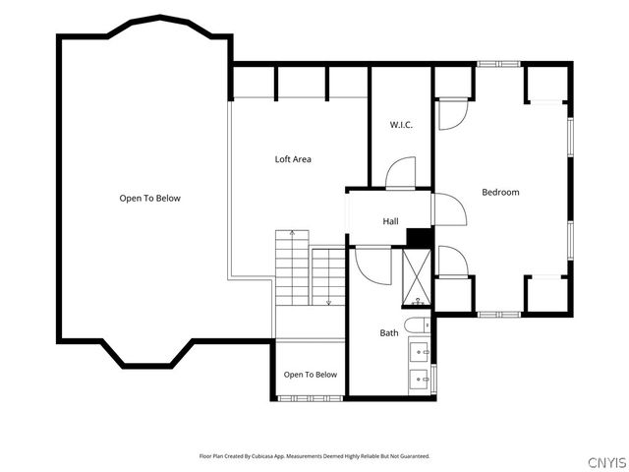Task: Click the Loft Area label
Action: pyautogui.click(x=293, y=159)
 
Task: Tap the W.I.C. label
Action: pyautogui.click(x=401, y=125)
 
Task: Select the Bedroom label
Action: pyautogui.click(x=500, y=193)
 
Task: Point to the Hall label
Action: pyautogui.click(x=390, y=221)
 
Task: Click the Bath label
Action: pyautogui.click(x=389, y=332)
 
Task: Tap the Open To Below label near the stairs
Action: pyautogui.click(x=311, y=375)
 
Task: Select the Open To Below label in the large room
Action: pyautogui.click(x=150, y=199)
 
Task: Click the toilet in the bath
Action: pyautogui.click(x=417, y=325)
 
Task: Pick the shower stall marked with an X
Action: pyautogui.click(x=417, y=277)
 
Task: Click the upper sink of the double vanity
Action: pyautogui.click(x=419, y=352)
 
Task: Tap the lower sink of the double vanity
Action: pyautogui.click(x=419, y=380)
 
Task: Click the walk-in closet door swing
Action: pyautogui.click(x=400, y=173)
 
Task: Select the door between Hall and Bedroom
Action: pyautogui.click(x=450, y=209)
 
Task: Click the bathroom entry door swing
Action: pyautogui.click(x=373, y=265)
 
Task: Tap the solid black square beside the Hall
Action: pyautogui.click(x=419, y=237)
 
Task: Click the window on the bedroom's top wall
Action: pyautogui.click(x=498, y=64)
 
